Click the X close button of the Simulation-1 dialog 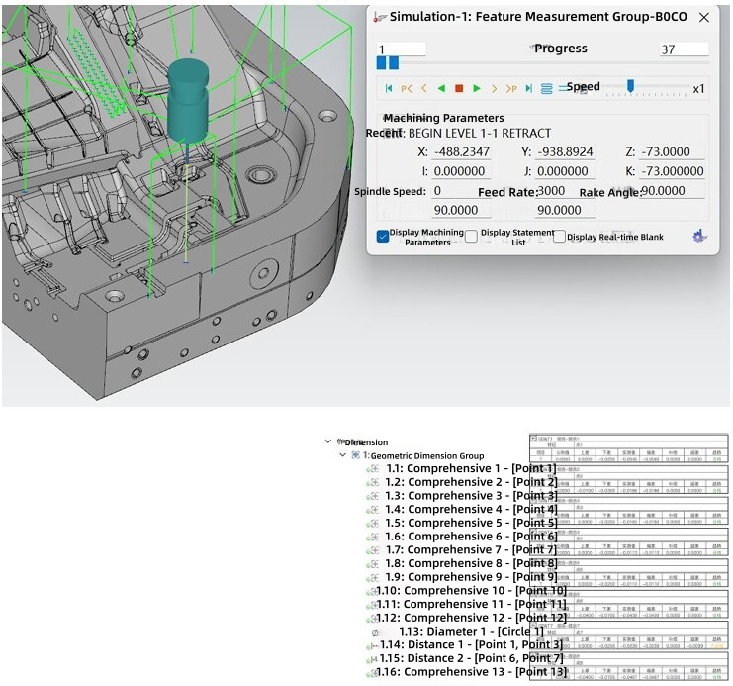pyautogui.click(x=703, y=17)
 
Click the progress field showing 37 pyautogui.click(x=684, y=49)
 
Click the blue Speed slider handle pyautogui.click(x=630, y=86)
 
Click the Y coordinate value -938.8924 pyautogui.click(x=564, y=152)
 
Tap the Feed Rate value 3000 pyautogui.click(x=552, y=191)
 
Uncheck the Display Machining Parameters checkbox pyautogui.click(x=383, y=237)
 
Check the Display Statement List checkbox pyautogui.click(x=471, y=237)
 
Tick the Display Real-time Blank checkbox pyautogui.click(x=560, y=237)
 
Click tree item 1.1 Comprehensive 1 pyautogui.click(x=471, y=469)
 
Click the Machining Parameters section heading pyautogui.click(x=443, y=118)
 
